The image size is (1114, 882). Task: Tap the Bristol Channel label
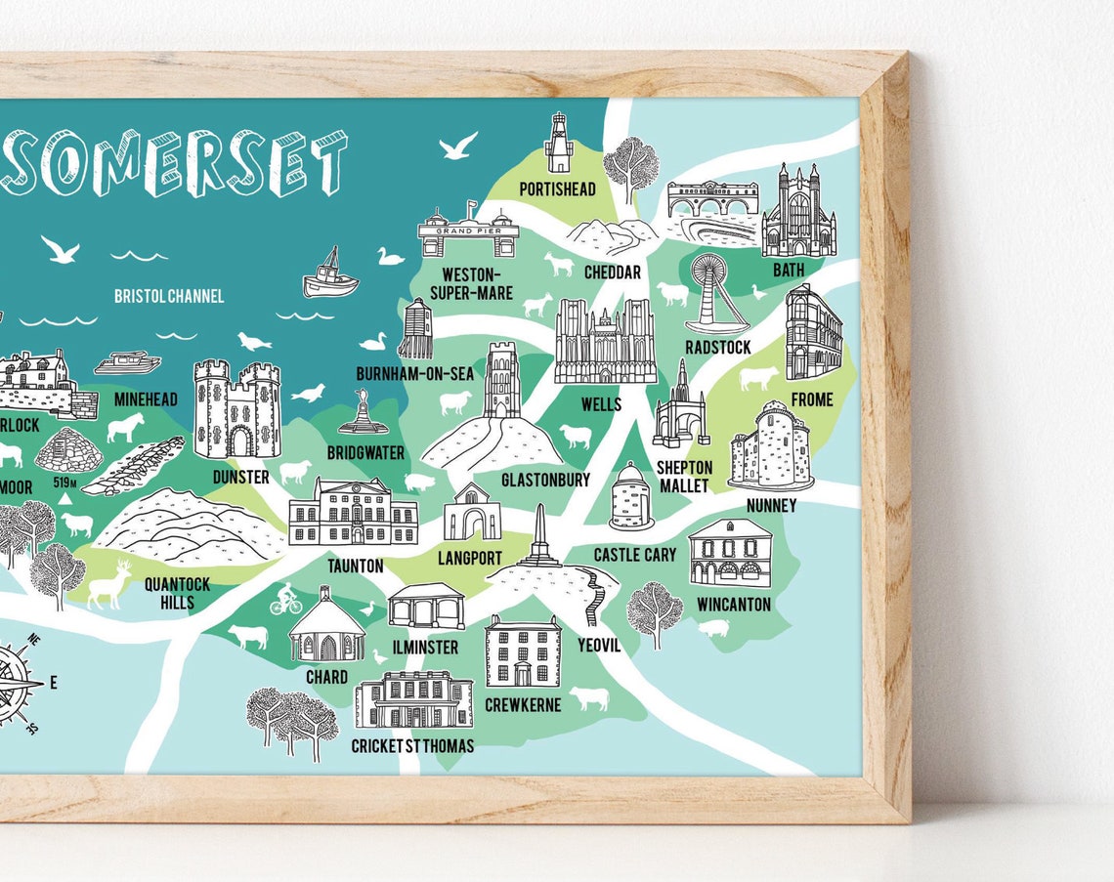[x=168, y=296]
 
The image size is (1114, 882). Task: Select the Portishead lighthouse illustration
[x=558, y=144]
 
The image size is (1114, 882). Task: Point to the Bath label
[x=789, y=270]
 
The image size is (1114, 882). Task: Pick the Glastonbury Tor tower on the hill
[x=502, y=381]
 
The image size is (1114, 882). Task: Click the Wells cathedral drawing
[x=605, y=342]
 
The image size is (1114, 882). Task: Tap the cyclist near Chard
[x=286, y=598]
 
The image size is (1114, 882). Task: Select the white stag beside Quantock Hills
[x=109, y=586]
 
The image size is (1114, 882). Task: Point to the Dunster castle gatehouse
[x=237, y=409]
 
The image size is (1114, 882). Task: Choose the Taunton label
[x=355, y=566]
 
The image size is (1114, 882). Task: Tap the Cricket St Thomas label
[x=412, y=746]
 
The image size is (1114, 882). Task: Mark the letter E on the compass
[x=53, y=683]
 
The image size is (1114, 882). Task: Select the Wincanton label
[x=733, y=605]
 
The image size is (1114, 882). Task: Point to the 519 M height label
[x=65, y=482]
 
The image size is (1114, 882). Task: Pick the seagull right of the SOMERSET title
[x=457, y=147]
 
